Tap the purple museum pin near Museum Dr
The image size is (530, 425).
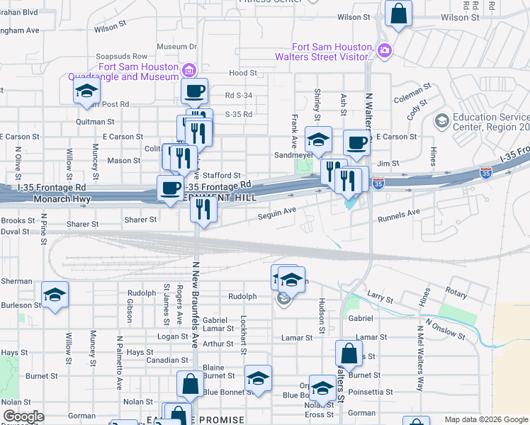pyautogui.click(x=188, y=70)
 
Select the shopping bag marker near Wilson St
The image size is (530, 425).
pyautogui.click(x=398, y=13)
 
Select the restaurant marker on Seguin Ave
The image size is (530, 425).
pyautogui.click(x=204, y=209)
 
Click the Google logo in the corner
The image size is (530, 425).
pyautogui.click(x=23, y=416)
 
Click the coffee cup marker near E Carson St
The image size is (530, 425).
pyautogui.click(x=356, y=142)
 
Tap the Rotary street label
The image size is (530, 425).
pyautogui.click(x=457, y=290)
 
